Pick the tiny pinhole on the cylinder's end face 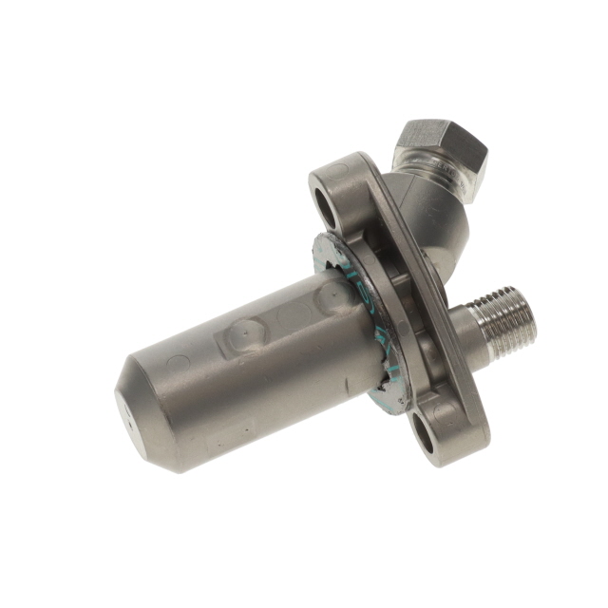pos(123,415)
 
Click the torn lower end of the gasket pos(389,399)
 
